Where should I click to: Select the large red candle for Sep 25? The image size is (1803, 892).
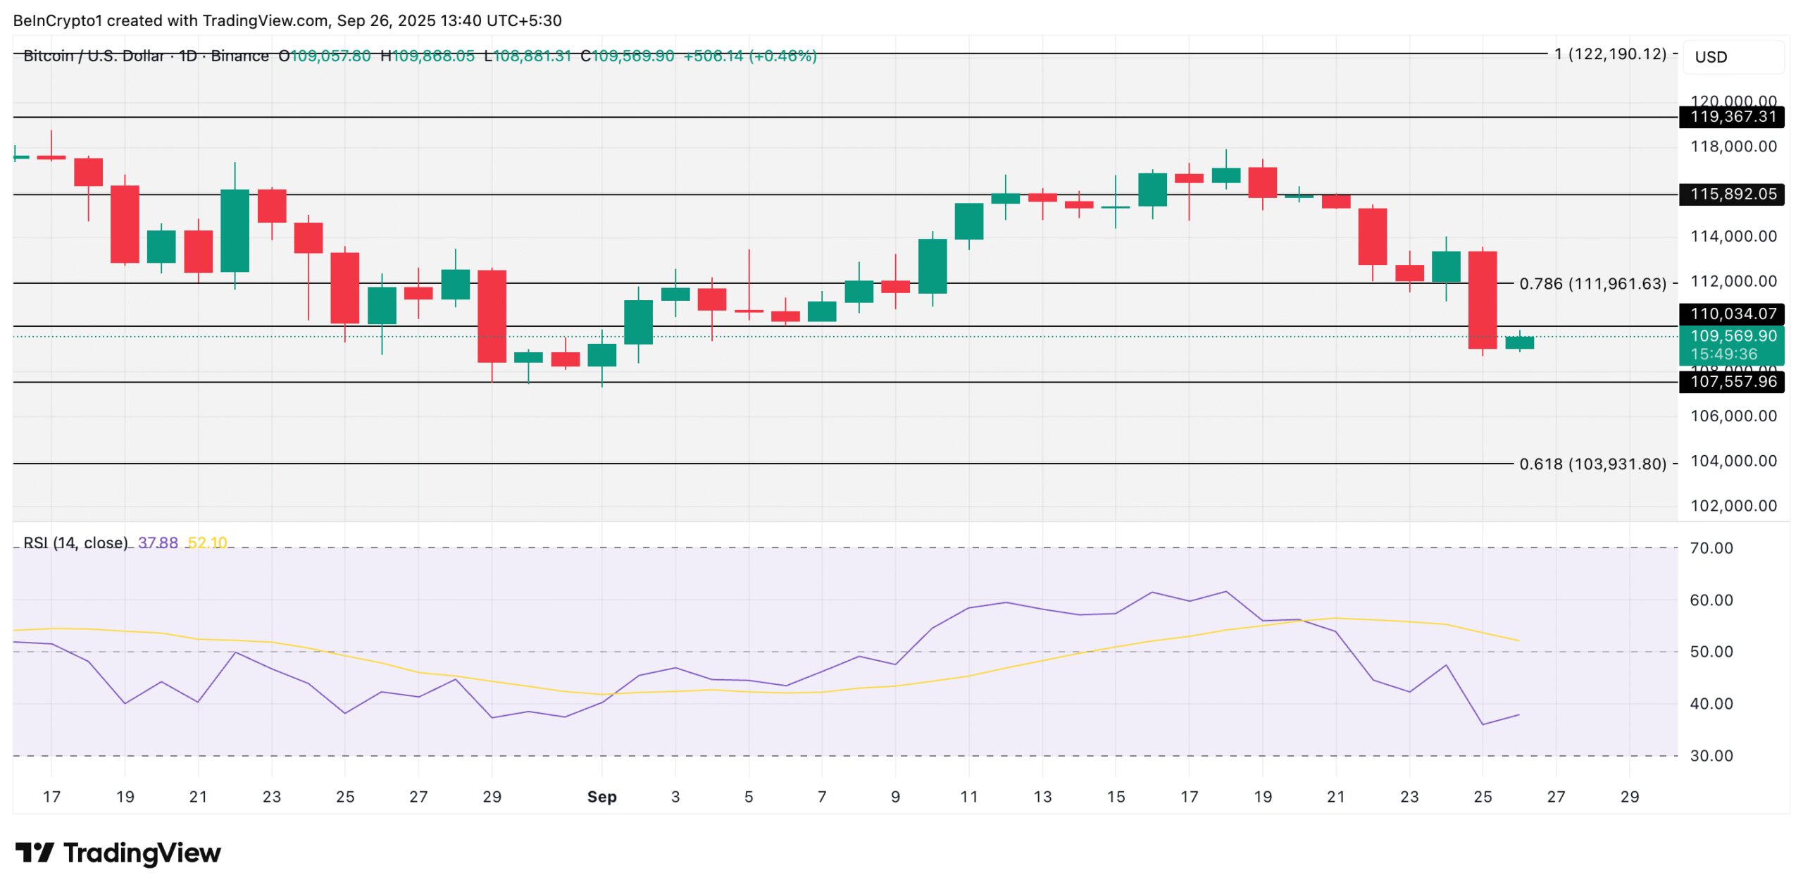tap(1483, 300)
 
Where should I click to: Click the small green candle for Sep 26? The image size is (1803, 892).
tap(1519, 342)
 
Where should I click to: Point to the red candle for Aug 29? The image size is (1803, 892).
tap(492, 316)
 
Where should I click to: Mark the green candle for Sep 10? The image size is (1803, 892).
tap(932, 266)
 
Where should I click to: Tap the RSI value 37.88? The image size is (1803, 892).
tap(158, 543)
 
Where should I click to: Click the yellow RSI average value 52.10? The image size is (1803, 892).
tap(207, 543)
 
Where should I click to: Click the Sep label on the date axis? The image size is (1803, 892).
tap(601, 797)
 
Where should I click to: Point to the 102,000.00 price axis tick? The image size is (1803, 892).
tap(1733, 506)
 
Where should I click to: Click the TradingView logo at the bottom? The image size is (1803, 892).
tap(118, 853)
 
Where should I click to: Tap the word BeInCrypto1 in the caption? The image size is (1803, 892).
tap(57, 20)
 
